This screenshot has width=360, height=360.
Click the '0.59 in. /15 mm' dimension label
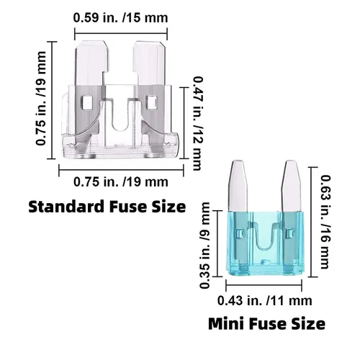[120, 18]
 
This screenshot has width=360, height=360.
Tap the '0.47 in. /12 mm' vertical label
[198, 123]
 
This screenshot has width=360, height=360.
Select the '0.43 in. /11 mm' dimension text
[265, 301]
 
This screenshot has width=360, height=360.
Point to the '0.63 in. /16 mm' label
[325, 222]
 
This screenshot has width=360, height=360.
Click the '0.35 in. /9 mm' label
[204, 246]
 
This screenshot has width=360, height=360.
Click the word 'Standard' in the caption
[67, 207]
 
